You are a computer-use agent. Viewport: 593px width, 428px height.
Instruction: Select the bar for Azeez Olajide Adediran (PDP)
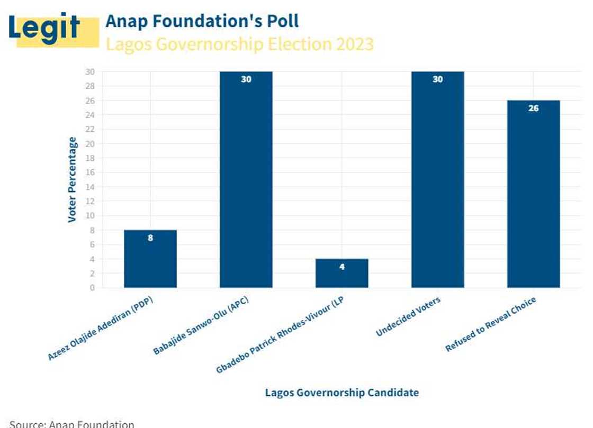pyautogui.click(x=150, y=259)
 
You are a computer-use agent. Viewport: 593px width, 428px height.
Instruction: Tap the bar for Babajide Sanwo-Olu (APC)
pyautogui.click(x=246, y=180)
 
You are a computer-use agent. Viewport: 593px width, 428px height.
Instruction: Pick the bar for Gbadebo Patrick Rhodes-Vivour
pyautogui.click(x=342, y=273)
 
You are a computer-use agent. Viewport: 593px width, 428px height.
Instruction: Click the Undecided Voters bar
pyautogui.click(x=438, y=180)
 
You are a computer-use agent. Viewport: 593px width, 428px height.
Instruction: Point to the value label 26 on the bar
pyautogui.click(x=533, y=108)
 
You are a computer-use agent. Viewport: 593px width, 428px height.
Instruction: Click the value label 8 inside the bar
pyautogui.click(x=150, y=238)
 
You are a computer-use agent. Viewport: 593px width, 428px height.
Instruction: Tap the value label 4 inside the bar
pyautogui.click(x=342, y=267)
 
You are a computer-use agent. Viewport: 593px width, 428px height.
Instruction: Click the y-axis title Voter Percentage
pyautogui.click(x=73, y=180)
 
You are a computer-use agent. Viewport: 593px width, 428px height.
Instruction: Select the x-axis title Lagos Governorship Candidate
pyautogui.click(x=342, y=393)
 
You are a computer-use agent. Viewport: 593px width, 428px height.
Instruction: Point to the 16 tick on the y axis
pyautogui.click(x=91, y=172)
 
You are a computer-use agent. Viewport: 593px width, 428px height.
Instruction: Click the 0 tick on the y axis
pyautogui.click(x=93, y=288)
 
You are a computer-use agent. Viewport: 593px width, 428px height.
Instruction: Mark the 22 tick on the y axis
pyautogui.click(x=91, y=129)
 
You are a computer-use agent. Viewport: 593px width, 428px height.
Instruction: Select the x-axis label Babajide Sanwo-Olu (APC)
pyautogui.click(x=201, y=325)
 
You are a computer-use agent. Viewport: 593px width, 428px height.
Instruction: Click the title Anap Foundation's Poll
pyautogui.click(x=202, y=21)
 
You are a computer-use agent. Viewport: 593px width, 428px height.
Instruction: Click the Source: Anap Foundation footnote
pyautogui.click(x=72, y=424)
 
